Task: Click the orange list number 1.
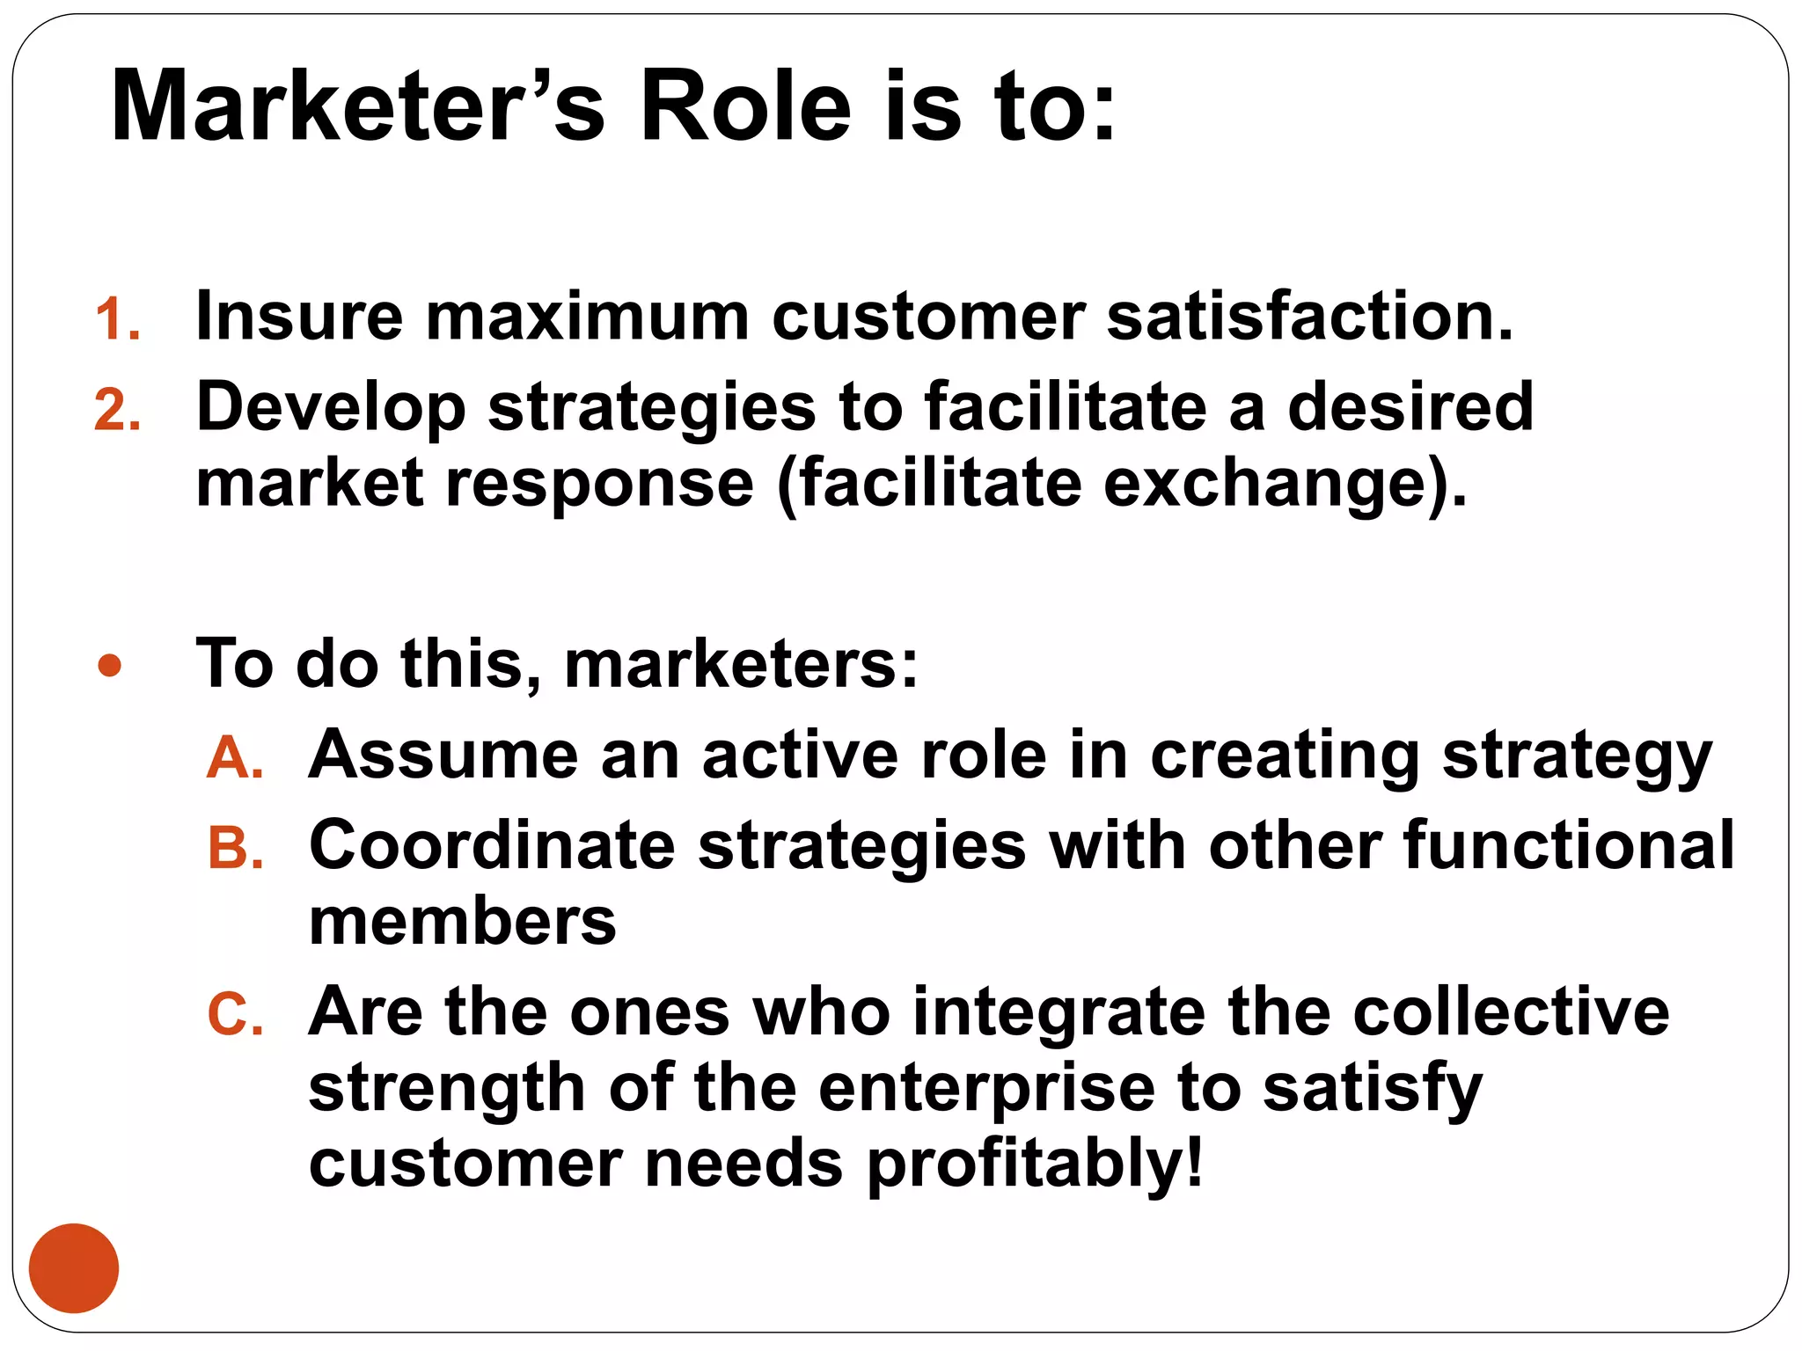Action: [x=117, y=318]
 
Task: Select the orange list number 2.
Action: [x=117, y=411]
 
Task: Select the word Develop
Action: [x=331, y=408]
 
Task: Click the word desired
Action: [x=1410, y=406]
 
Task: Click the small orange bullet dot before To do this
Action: [x=110, y=666]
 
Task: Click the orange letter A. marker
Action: [x=235, y=758]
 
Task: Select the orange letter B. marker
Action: [x=235, y=850]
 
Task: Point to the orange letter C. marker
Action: [x=235, y=1015]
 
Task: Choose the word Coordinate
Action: [x=492, y=846]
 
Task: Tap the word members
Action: [x=463, y=923]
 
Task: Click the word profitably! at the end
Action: [x=1035, y=1165]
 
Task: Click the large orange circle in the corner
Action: [x=74, y=1267]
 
